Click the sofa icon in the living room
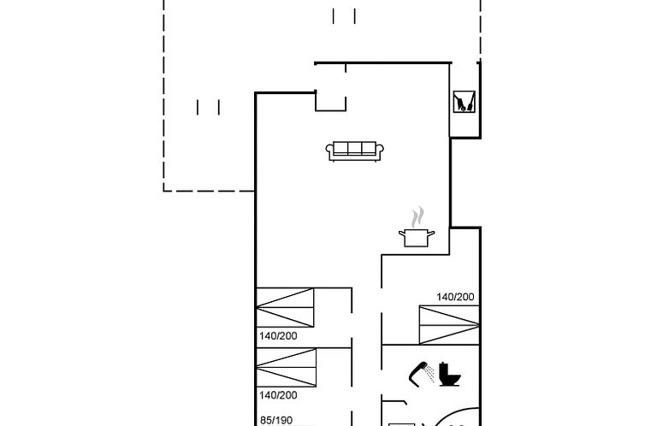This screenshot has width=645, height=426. tap(354, 151)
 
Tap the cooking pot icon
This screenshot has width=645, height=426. tap(417, 237)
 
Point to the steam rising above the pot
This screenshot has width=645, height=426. tap(417, 216)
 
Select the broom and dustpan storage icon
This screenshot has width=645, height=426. tap(464, 103)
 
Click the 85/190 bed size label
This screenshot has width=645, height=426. tap(275, 420)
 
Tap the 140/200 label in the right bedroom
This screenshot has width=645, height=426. tap(455, 297)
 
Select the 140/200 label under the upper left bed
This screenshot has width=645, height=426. tap(278, 336)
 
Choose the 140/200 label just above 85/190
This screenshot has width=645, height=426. tap(278, 395)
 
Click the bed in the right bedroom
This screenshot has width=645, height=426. tap(449, 324)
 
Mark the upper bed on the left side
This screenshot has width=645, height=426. tap(285, 308)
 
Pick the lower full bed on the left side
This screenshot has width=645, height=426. tap(285, 368)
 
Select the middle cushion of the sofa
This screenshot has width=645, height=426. tap(354, 149)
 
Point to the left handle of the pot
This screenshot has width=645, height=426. tap(400, 233)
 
